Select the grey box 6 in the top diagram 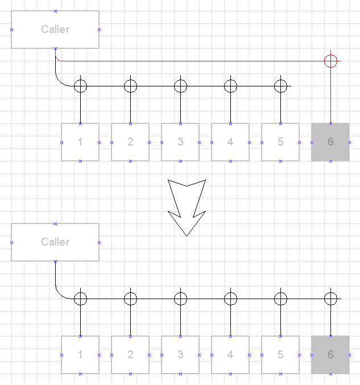[330, 142]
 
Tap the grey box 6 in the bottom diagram [330, 355]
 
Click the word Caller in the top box [55, 29]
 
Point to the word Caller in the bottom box [55, 242]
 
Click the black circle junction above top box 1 [81, 80]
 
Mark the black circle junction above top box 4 [230, 80]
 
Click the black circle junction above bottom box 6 [330, 292]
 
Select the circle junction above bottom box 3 [180, 292]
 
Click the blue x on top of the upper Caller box [55, 11]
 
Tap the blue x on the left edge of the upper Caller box [11, 30]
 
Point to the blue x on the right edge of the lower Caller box [99, 242]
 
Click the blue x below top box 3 [180, 161]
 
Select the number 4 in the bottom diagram [230, 354]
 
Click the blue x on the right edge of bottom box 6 [349, 355]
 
